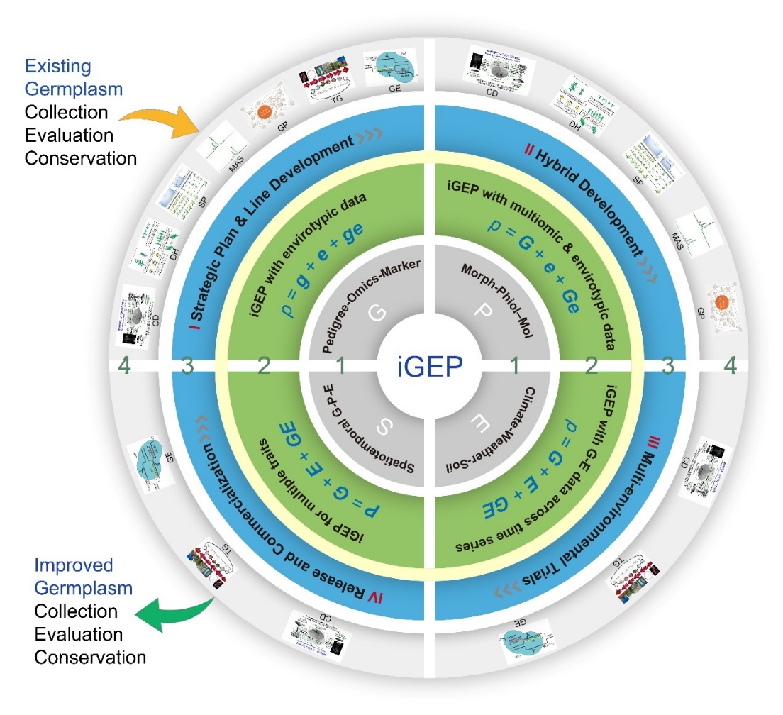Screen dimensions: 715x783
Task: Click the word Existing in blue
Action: [58, 67]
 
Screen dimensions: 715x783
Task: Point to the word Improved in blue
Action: [74, 566]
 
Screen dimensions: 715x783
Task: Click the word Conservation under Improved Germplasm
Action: [90, 657]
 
